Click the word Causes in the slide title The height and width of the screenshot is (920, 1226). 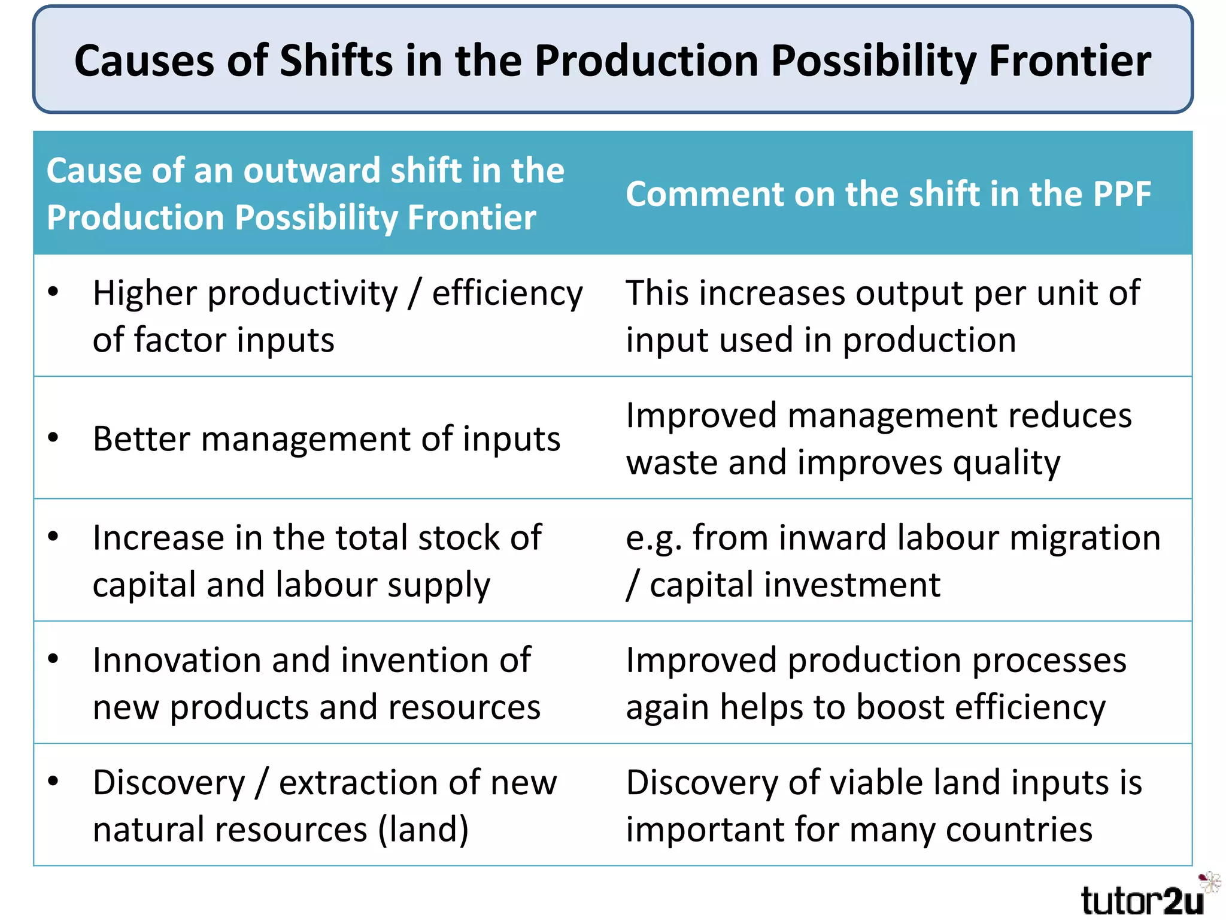pos(144,61)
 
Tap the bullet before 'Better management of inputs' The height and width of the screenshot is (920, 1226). pos(53,438)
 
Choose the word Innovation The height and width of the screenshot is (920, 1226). pos(177,660)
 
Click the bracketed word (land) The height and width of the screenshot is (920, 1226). pos(423,830)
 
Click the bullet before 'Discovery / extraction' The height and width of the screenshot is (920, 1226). pos(53,781)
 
